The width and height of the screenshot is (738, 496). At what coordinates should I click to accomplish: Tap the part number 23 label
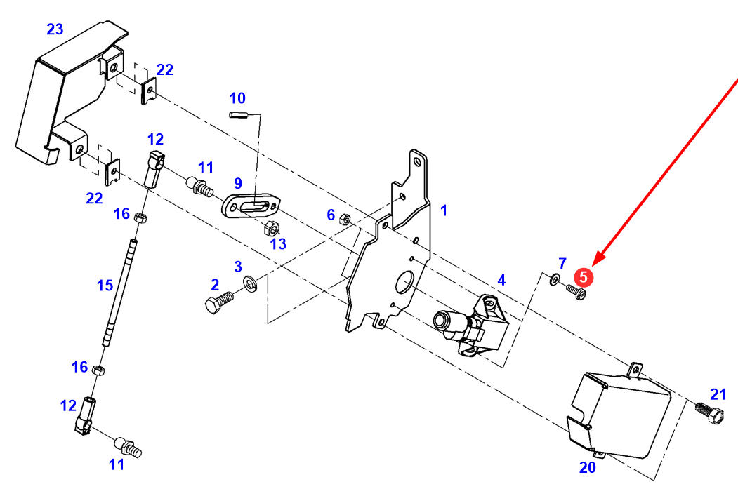tap(55, 29)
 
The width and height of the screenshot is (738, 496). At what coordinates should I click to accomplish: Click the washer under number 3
tap(250, 284)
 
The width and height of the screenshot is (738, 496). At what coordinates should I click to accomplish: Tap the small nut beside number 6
tap(345, 218)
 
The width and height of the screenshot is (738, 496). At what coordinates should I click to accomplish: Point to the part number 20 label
tap(587, 467)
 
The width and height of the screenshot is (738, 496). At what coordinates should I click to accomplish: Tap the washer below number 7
tap(555, 281)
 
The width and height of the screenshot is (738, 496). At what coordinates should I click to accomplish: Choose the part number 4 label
tap(501, 280)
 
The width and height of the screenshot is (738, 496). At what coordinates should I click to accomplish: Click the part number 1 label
tap(444, 210)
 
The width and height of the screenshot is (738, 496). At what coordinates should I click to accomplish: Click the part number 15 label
tap(105, 285)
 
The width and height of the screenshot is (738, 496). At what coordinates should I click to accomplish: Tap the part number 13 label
tap(278, 243)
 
